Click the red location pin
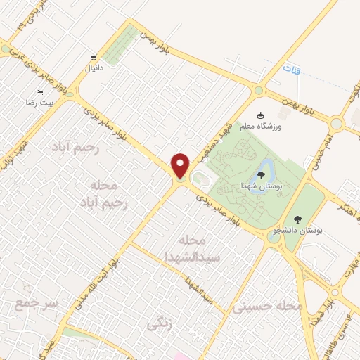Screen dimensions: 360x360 click(180, 165)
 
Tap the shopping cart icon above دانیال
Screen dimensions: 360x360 click(92, 58)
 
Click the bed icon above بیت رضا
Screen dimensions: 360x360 click(39, 92)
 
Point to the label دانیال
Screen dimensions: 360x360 click(93, 69)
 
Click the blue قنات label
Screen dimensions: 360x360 click(290, 70)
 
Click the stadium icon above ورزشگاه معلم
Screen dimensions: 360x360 click(261, 115)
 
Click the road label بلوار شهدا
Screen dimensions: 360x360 click(326, 302)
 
